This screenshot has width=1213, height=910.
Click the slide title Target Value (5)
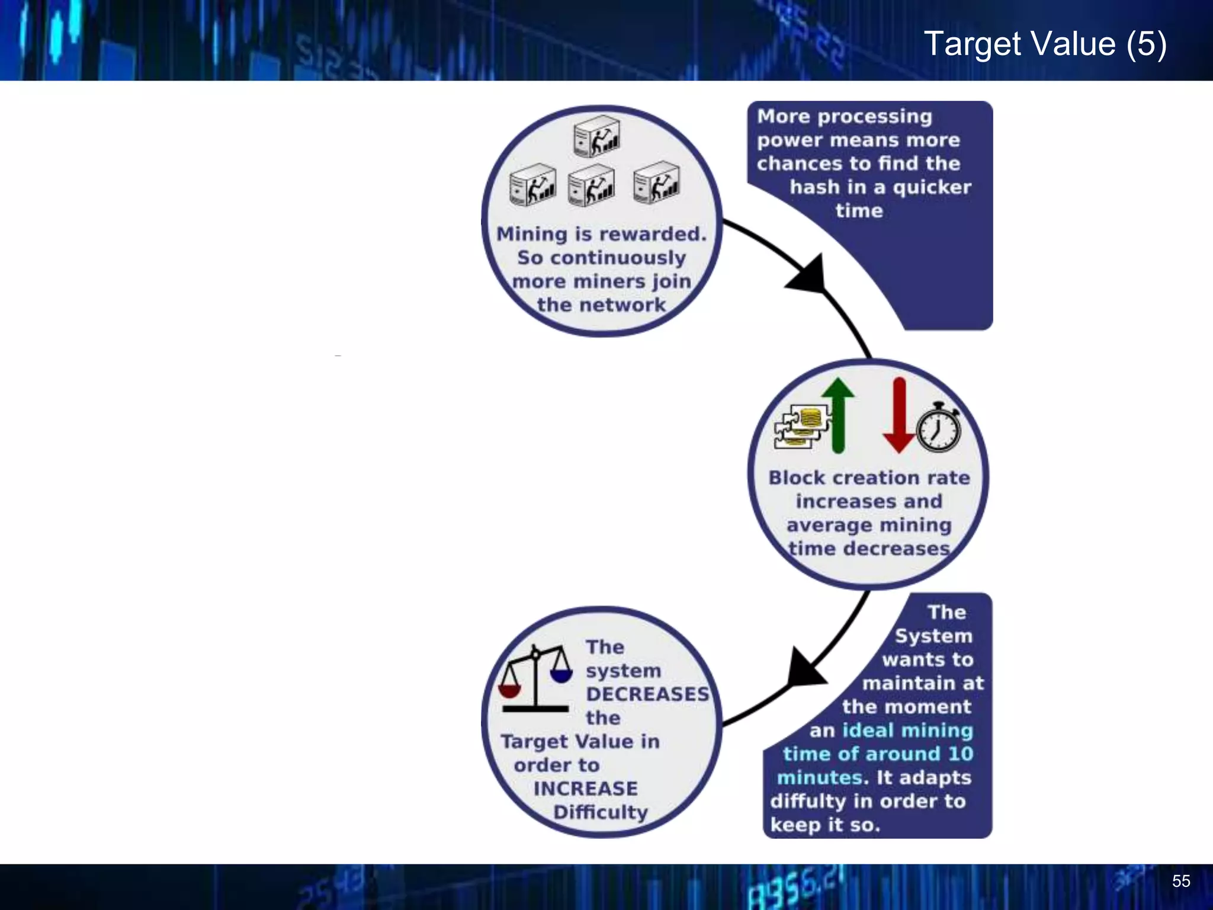(x=1045, y=44)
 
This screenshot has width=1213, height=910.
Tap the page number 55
(x=1180, y=881)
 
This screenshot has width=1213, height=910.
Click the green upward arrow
(x=838, y=415)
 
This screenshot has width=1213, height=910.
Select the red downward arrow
(x=899, y=415)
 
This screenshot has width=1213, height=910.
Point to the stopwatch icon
(x=939, y=428)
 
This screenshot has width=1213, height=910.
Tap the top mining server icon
(x=596, y=136)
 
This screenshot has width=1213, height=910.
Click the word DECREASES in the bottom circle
(x=647, y=694)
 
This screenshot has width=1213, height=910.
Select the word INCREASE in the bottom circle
(x=585, y=789)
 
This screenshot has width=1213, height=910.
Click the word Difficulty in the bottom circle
(x=601, y=812)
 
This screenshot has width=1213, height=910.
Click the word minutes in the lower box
(x=819, y=777)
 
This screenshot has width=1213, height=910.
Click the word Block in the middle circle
(x=797, y=478)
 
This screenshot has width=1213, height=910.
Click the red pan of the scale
(x=509, y=691)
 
